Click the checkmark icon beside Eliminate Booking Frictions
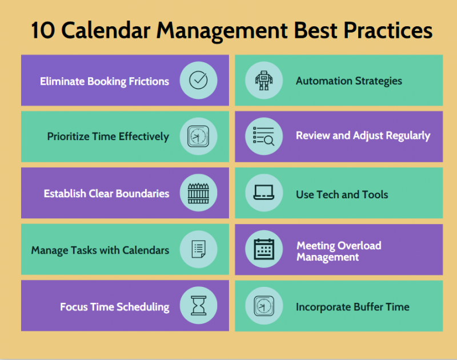198,80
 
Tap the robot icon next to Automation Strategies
264,80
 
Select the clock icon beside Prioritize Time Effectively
198,137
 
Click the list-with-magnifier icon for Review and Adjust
264,137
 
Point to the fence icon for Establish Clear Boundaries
198,193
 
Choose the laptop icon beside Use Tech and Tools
264,193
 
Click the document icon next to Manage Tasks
198,249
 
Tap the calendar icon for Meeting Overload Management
264,249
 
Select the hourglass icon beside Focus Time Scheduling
198,305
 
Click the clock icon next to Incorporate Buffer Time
264,305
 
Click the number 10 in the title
42,30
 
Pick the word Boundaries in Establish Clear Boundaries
142,194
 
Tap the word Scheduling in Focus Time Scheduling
143,307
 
